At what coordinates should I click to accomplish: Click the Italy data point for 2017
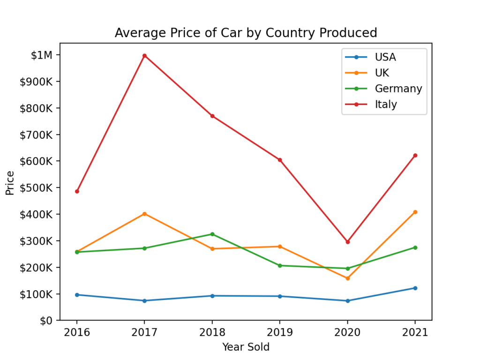[x=144, y=55]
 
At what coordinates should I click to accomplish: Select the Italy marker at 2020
[x=347, y=242]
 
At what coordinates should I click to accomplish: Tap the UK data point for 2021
[x=415, y=212]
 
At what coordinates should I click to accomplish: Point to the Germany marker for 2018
[x=212, y=234]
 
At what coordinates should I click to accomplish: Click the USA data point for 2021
[x=415, y=288]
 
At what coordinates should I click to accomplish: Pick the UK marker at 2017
[x=144, y=214]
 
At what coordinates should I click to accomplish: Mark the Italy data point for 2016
[x=77, y=191]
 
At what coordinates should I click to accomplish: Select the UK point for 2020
[x=347, y=278]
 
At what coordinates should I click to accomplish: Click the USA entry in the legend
[x=385, y=57]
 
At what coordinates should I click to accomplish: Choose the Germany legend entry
[x=398, y=89]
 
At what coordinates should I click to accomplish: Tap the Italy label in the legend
[x=386, y=105]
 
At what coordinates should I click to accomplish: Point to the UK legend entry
[x=382, y=73]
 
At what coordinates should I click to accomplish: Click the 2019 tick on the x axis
[x=280, y=333]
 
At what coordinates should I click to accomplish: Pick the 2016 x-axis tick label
[x=77, y=333]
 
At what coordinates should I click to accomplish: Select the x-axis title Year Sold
[x=246, y=347]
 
